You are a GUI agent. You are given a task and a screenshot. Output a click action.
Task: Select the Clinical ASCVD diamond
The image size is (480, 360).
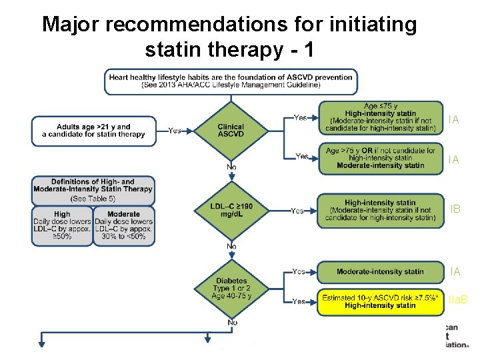231,130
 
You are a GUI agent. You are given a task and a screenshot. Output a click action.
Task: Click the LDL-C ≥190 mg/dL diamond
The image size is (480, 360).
231,211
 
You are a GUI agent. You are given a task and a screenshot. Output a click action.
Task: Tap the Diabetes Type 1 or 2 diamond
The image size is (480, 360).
231,289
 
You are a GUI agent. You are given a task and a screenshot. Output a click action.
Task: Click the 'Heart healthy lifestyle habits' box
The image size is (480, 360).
231,81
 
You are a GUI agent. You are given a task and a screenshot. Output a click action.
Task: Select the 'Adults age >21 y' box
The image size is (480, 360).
93,131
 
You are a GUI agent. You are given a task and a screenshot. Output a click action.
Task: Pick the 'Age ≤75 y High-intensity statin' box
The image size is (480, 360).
380,118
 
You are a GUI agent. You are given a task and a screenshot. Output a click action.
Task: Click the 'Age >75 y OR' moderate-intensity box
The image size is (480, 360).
380,158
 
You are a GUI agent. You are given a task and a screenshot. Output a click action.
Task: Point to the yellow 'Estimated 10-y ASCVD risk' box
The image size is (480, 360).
380,301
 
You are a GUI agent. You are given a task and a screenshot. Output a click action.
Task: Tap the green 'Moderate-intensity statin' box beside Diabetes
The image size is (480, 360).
380,271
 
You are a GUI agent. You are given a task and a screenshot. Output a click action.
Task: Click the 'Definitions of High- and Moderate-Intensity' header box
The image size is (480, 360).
93,189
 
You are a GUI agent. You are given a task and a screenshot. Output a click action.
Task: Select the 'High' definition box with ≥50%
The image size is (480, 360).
62,225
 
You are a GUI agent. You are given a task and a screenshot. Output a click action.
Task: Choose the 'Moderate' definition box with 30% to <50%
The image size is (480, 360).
123,225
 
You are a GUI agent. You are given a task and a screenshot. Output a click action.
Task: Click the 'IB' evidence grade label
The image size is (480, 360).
455,209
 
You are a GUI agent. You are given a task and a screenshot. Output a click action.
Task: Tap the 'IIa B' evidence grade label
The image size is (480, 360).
457,301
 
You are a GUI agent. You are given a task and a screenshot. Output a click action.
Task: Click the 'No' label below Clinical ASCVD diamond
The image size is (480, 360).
231,167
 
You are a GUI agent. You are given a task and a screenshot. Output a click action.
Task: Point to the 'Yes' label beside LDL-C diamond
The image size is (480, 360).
297,211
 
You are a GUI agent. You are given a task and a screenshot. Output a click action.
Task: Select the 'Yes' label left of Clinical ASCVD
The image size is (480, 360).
175,131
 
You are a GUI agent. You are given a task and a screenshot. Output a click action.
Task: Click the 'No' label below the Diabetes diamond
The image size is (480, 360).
231,323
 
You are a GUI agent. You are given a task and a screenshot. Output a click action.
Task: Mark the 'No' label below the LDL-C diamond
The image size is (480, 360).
231,247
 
